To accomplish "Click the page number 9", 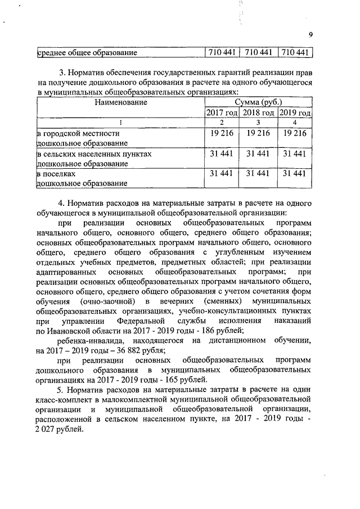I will [x=311, y=35].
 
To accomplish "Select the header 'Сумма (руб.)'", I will [x=258, y=102].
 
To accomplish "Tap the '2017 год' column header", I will [x=222, y=113].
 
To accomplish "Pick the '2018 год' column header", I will [x=258, y=113].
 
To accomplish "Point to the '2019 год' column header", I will [x=295, y=113].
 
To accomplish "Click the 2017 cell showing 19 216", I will [x=222, y=133].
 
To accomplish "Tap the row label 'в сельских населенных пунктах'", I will [x=94, y=153].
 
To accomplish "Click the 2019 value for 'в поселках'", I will [x=295, y=173].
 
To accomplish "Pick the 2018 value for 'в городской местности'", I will [x=258, y=133].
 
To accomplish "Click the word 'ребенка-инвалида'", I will [x=91, y=341].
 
